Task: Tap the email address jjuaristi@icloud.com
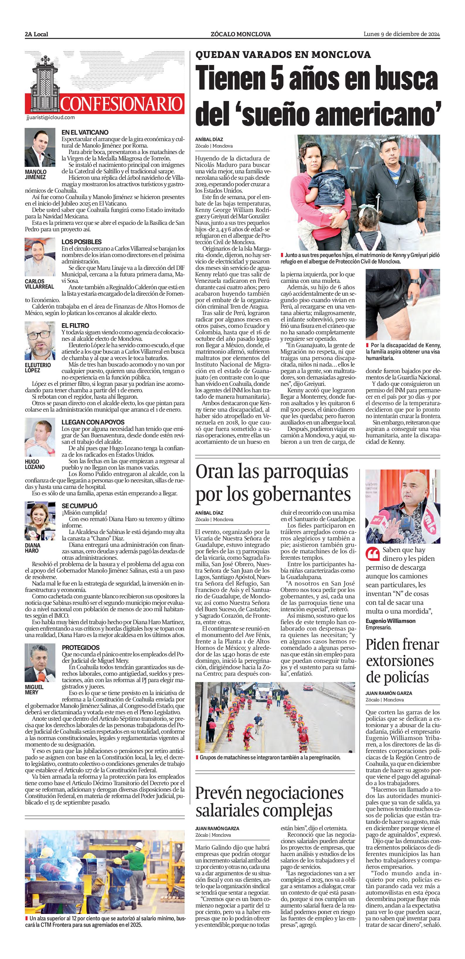(x=51, y=117)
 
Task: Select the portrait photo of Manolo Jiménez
(x=40, y=148)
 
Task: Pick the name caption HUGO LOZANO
(x=35, y=464)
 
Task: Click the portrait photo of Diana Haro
(x=40, y=521)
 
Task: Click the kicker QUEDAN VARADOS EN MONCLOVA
(x=283, y=55)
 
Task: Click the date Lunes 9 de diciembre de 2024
(x=402, y=34)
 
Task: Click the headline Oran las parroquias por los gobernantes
(x=273, y=483)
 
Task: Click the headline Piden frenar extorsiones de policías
(x=402, y=661)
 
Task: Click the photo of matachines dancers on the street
(x=275, y=717)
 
